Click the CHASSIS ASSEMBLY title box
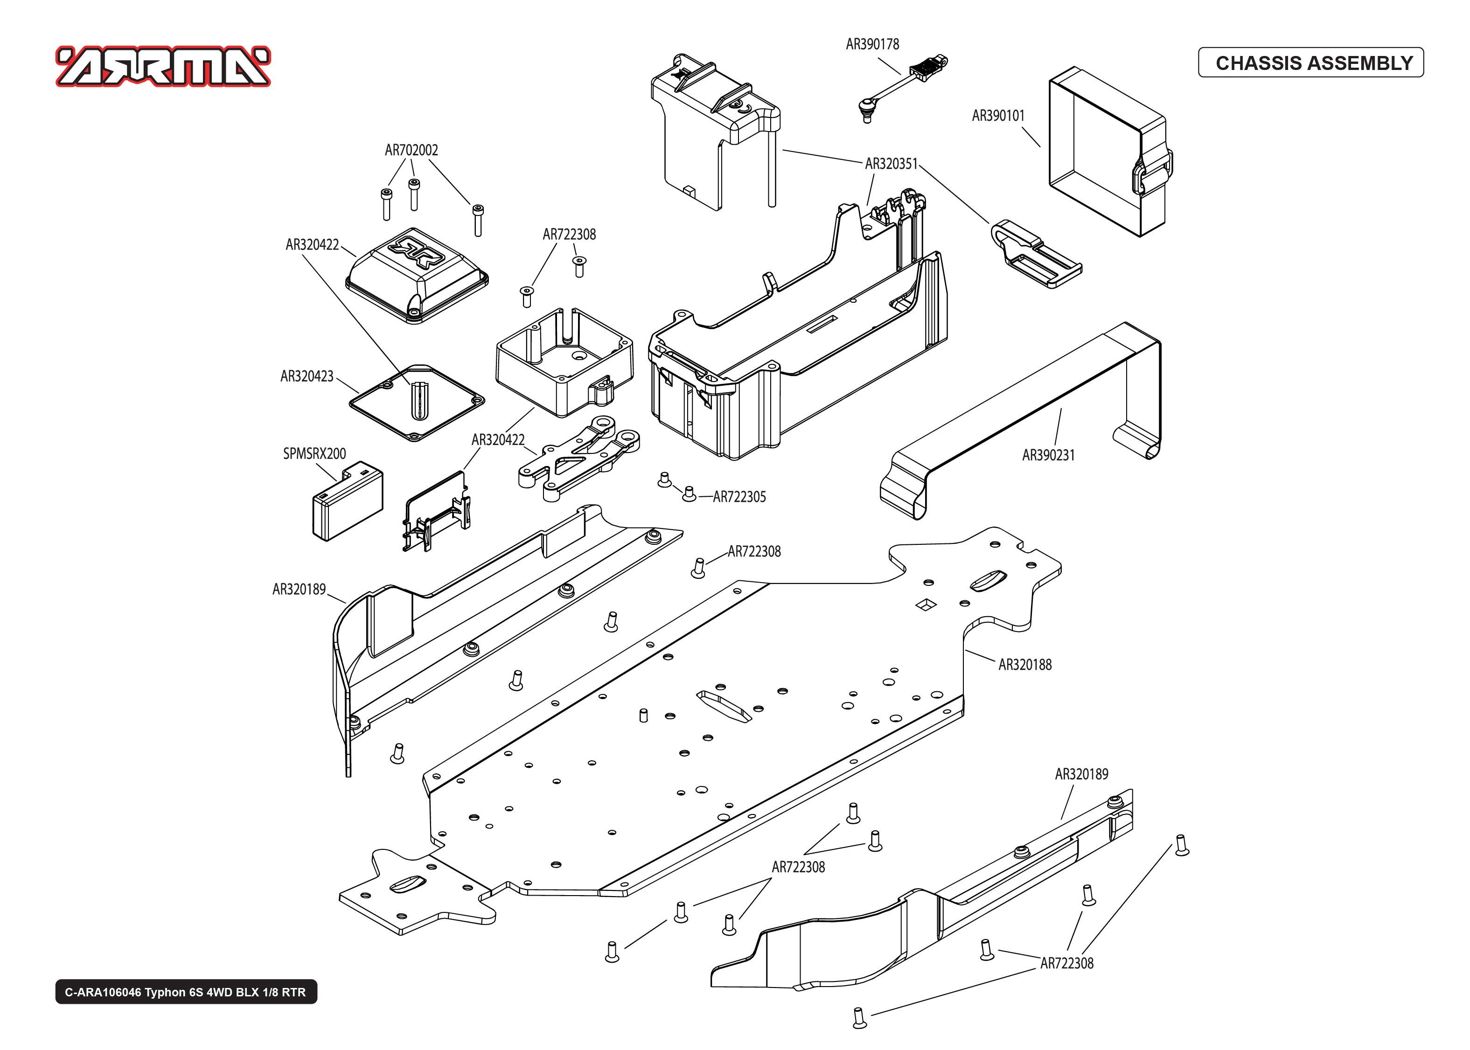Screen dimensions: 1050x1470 click(1310, 63)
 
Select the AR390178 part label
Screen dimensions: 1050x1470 click(872, 44)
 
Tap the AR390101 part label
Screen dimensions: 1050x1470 click(998, 116)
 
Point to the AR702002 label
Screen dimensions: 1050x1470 click(411, 150)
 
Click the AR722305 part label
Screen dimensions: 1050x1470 click(739, 497)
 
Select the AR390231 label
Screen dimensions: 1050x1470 click(1048, 455)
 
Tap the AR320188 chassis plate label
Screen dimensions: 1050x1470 click(1024, 665)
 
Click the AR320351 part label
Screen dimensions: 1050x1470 click(891, 164)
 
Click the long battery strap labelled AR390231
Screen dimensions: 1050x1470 click(1021, 420)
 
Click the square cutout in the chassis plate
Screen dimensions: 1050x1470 click(927, 605)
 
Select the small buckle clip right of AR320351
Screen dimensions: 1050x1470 click(1034, 253)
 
